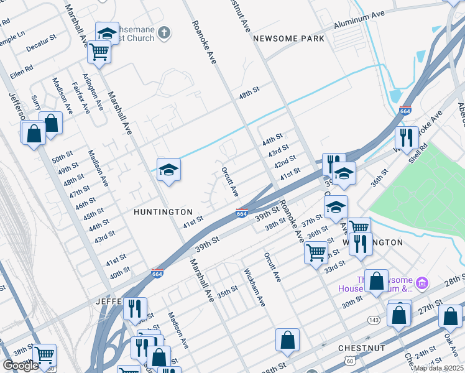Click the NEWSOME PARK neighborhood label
click(x=288, y=39)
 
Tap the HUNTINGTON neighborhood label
click(x=163, y=212)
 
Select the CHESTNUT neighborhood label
click(x=361, y=348)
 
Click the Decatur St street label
click(x=41, y=42)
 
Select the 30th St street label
click(x=352, y=302)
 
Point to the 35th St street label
click(x=228, y=290)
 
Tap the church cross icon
click(x=164, y=33)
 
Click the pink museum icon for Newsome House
click(x=423, y=283)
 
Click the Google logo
click(x=21, y=366)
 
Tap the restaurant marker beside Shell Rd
click(x=407, y=138)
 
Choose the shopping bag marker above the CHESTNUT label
click(x=287, y=340)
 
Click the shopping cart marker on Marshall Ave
click(x=99, y=52)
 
